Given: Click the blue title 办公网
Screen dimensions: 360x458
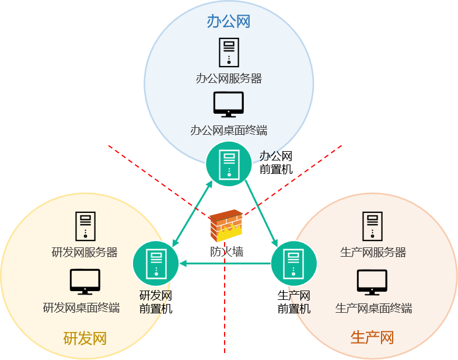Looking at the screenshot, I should pos(229,22).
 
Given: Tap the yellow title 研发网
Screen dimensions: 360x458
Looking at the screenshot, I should pos(85,338).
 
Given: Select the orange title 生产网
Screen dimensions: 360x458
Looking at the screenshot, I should pos(372,337).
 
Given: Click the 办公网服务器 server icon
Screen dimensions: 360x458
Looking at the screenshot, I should pos(229,52).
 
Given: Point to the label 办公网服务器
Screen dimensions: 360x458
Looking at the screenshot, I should pos(229,78).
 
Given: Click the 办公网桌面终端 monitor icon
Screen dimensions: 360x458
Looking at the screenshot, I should pos(229,105).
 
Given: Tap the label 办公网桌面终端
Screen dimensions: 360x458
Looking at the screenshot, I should pos(229,130).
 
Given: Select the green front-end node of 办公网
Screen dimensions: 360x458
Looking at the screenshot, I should pos(229,164).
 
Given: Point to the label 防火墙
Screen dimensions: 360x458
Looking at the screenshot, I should pos(226,252).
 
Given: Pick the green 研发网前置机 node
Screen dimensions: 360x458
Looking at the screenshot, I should pos(156,264).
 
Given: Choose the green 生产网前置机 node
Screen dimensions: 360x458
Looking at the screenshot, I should pos(294,263).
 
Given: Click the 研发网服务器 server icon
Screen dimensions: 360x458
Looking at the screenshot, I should pos(85,226).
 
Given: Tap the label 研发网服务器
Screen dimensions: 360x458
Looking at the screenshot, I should pos(85,252).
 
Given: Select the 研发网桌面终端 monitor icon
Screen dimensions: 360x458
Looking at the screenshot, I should pos(85,282).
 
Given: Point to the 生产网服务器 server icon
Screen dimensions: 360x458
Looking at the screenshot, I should pos(372,226).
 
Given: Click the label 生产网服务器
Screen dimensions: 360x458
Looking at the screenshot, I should pos(373,252).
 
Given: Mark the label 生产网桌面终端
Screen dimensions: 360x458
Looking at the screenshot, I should pos(373,307).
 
